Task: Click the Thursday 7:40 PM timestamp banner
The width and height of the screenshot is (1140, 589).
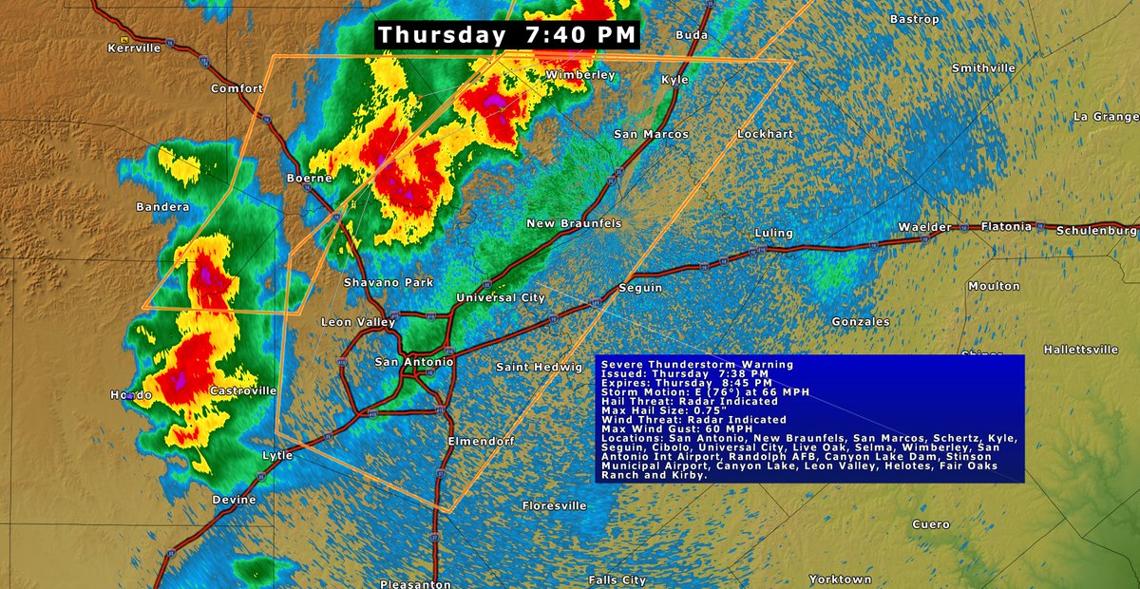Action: click(x=507, y=35)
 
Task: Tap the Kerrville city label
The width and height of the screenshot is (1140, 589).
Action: click(x=134, y=47)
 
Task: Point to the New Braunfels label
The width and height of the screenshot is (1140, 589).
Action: click(x=574, y=222)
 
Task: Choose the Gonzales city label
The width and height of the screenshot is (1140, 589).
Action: click(x=860, y=322)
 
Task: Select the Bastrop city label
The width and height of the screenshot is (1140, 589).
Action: click(x=913, y=19)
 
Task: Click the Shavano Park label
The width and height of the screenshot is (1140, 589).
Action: click(x=388, y=282)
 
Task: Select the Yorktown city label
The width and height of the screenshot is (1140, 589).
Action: click(x=841, y=579)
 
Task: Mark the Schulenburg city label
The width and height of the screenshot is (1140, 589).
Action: click(x=1096, y=230)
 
